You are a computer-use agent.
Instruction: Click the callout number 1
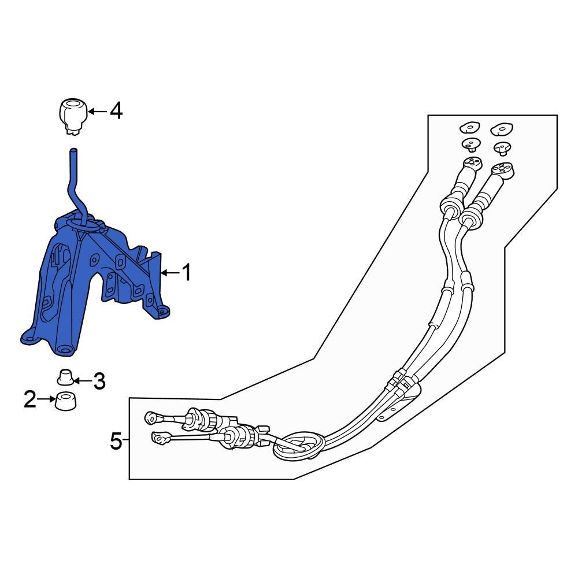[x=186, y=272]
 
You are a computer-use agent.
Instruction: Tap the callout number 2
[x=30, y=399]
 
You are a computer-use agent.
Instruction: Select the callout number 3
[x=99, y=381]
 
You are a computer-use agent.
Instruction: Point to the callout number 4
[x=116, y=110]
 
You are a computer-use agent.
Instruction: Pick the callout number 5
[x=116, y=442]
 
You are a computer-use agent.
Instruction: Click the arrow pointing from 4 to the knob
[x=96, y=111]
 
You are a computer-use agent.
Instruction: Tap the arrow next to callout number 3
[x=83, y=380]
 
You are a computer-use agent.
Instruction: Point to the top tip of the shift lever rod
[x=73, y=152]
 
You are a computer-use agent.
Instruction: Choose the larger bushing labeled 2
[x=66, y=400]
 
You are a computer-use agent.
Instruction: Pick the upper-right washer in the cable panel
[x=502, y=128]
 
